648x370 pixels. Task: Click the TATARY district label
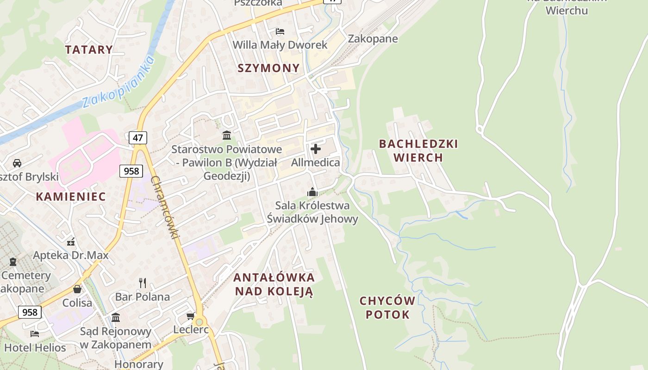tap(89, 49)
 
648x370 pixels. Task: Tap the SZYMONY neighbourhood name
tap(268, 68)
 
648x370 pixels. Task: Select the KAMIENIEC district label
tap(71, 196)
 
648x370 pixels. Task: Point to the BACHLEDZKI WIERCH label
tap(418, 150)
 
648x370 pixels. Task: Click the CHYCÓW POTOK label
tap(388, 308)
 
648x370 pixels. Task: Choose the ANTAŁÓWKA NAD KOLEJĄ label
tap(274, 284)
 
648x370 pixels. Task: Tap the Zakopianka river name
tap(118, 82)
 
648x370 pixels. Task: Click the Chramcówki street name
tap(165, 208)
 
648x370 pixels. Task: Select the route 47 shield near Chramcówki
tap(138, 137)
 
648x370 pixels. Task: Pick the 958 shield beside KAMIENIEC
tap(131, 171)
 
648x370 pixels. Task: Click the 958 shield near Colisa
tap(30, 312)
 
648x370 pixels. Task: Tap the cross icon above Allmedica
tap(316, 149)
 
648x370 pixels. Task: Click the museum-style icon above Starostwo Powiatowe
tap(227, 136)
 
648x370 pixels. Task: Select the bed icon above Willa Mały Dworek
tap(280, 31)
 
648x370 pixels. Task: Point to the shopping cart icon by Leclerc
tap(190, 316)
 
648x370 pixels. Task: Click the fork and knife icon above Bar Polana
tap(143, 283)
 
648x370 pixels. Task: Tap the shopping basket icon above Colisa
tap(77, 289)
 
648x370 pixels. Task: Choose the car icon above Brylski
tap(17, 163)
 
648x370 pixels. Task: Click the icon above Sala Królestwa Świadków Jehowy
tap(312, 191)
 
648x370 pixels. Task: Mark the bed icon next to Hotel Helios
tap(35, 333)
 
